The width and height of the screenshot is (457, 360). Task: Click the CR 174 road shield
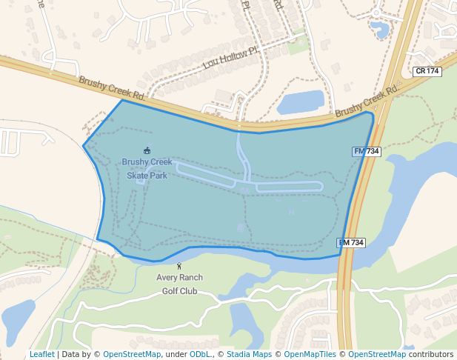pos(427,71)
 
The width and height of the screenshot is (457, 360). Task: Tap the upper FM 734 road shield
pos(367,151)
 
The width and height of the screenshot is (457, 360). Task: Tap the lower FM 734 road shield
pos(352,243)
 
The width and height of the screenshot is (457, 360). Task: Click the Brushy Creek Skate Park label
pos(147,169)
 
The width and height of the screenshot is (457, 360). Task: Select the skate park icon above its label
pos(147,151)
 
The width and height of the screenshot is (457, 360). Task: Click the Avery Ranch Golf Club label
pos(179,284)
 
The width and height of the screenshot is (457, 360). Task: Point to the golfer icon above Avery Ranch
pos(179,266)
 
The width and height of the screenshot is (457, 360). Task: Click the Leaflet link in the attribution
pos(42,355)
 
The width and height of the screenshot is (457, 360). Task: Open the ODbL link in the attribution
pos(200,355)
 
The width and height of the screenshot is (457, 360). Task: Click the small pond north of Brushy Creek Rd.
pos(301,101)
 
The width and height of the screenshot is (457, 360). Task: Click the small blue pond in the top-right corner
pos(381,30)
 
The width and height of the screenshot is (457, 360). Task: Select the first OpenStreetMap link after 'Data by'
pos(132,355)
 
